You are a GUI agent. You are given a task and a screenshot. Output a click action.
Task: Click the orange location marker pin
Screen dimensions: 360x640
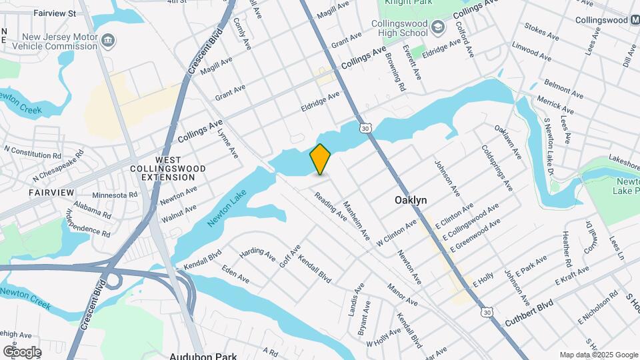[320, 159]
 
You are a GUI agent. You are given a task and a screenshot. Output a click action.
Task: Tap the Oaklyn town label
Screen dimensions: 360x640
[410, 200]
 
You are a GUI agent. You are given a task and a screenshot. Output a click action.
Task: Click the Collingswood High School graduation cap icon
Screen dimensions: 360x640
[437, 27]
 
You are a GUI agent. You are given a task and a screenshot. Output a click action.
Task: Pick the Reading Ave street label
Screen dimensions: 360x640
[331, 207]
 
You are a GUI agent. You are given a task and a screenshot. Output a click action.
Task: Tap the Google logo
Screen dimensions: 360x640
[21, 351]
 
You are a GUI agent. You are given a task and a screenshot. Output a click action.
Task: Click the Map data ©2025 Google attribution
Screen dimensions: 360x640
[598, 355]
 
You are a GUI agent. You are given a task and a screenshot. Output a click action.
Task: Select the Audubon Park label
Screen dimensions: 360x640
[203, 356]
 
